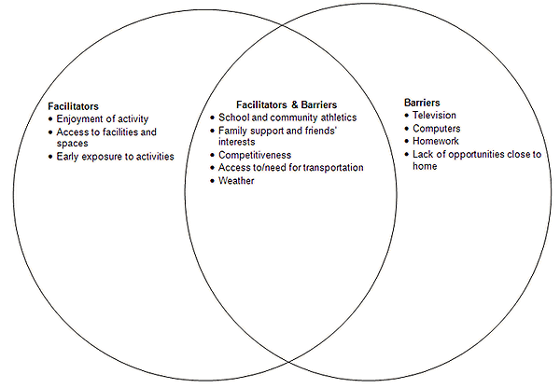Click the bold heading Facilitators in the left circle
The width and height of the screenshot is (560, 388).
[x=73, y=107]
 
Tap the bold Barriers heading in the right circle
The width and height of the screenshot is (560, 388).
[x=423, y=102]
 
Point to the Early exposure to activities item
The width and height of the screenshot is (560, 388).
[x=115, y=157]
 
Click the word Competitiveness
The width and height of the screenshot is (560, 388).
[x=255, y=155]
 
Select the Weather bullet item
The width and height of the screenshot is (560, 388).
[x=235, y=181]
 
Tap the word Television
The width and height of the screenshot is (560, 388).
[x=435, y=116]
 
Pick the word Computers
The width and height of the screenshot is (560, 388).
[x=436, y=129]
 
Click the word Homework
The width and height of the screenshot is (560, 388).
[x=435, y=142]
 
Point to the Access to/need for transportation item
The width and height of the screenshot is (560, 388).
[x=290, y=168]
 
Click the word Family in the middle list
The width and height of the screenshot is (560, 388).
[x=233, y=131]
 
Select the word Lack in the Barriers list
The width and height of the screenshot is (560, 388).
[x=423, y=155]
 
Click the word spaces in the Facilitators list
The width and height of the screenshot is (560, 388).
[x=72, y=144]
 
